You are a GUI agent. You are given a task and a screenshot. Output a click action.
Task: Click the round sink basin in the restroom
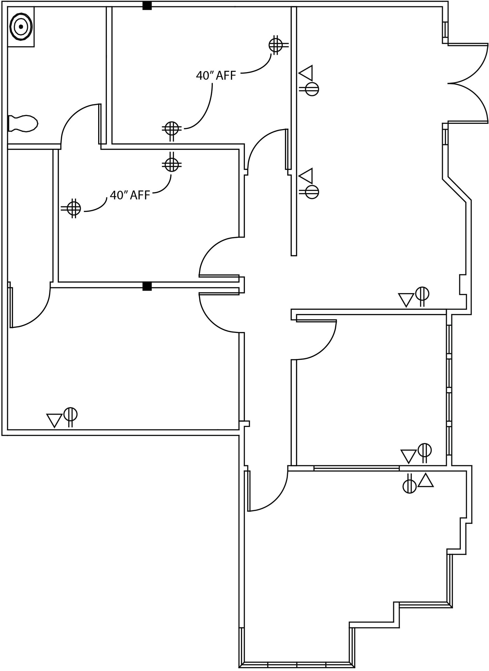pyautogui.click(x=21, y=27)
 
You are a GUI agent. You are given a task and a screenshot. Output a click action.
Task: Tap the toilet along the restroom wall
pyautogui.click(x=23, y=124)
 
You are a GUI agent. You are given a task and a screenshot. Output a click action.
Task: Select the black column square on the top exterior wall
pyautogui.click(x=147, y=6)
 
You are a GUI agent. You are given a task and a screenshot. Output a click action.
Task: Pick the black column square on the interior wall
pyautogui.click(x=147, y=286)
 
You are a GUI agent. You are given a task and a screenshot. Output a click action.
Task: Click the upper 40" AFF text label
pyautogui.click(x=216, y=76)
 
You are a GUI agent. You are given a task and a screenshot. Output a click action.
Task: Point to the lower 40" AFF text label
pyautogui.click(x=130, y=195)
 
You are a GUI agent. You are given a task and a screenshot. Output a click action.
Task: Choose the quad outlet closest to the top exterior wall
pyautogui.click(x=276, y=45)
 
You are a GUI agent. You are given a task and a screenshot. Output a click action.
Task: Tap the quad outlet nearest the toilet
pyautogui.click(x=172, y=128)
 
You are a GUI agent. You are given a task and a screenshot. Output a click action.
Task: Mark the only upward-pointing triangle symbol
pyautogui.click(x=426, y=481)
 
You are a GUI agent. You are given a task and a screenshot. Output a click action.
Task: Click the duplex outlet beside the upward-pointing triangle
pyautogui.click(x=409, y=486)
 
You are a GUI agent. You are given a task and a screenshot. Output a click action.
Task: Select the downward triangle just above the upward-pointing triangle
pyautogui.click(x=408, y=456)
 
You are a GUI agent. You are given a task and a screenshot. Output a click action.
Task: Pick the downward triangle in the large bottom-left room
pyautogui.click(x=54, y=420)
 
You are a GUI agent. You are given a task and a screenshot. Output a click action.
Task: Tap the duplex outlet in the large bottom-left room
pyautogui.click(x=70, y=414)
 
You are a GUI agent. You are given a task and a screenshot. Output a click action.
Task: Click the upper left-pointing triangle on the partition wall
pyautogui.click(x=307, y=73)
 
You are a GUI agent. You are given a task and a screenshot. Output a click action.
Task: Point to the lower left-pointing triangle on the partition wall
pyautogui.click(x=307, y=176)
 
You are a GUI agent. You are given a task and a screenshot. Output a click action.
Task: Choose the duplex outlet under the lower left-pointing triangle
pyautogui.click(x=311, y=192)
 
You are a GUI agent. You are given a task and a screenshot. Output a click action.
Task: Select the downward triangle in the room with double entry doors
pyautogui.click(x=406, y=299)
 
